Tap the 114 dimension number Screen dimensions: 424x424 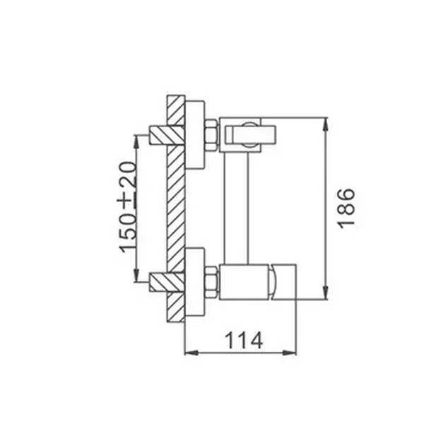coord(244,340)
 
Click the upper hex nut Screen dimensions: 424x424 coord(211,135)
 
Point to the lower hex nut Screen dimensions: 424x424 coord(211,282)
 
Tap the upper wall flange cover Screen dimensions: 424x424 coord(195,135)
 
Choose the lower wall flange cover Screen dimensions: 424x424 coord(195,282)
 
